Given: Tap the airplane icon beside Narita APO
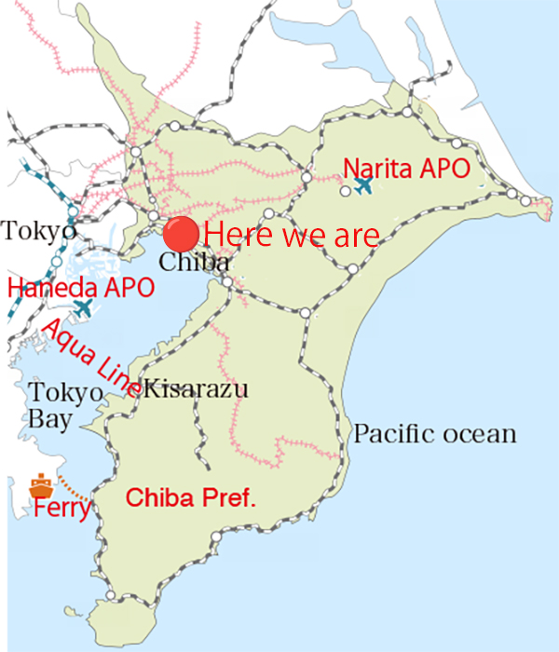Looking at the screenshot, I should pyautogui.click(x=363, y=185).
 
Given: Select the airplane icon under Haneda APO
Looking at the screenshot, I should pyautogui.click(x=84, y=307).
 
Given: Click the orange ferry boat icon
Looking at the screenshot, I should pyautogui.click(x=39, y=485).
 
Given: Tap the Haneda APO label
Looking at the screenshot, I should pyautogui.click(x=81, y=287).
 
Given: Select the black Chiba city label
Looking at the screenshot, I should pyautogui.click(x=194, y=262).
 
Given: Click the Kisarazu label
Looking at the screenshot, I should pyautogui.click(x=197, y=388).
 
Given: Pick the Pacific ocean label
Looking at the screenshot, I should pyautogui.click(x=434, y=434).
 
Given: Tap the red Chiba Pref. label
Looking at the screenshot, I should pyautogui.click(x=190, y=497).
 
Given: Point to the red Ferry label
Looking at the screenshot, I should pyautogui.click(x=62, y=509).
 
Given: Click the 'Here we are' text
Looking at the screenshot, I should pyautogui.click(x=292, y=234).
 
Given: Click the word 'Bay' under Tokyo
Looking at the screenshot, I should pyautogui.click(x=49, y=420).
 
